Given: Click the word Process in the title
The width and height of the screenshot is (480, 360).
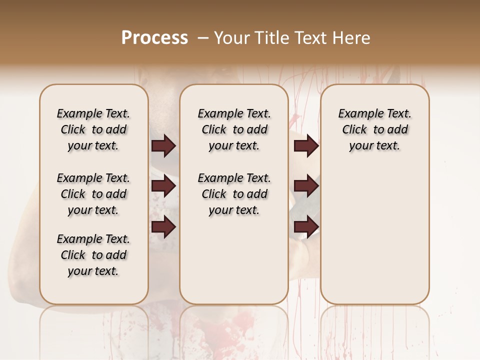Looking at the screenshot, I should coord(154,38).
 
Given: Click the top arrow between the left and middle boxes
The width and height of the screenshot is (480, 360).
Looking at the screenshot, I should coord(163,146).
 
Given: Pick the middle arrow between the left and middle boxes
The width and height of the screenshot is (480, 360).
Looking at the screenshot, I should coord(163,186).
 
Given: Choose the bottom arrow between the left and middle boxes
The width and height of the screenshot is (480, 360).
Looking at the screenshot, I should coord(163,227).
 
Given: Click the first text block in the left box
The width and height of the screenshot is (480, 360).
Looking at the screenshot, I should coord(93,129).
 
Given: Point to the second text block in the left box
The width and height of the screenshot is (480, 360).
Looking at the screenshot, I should coord(93,194).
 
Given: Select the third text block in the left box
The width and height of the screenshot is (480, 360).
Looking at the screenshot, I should coord(93,255).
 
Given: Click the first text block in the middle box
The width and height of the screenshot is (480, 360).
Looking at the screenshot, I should coord(234,129).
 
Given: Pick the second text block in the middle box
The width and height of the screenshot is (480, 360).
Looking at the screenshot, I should coord(234,194).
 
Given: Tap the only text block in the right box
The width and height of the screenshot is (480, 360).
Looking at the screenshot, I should coord(374,129).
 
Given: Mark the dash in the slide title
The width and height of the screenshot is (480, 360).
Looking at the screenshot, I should coord(202,38).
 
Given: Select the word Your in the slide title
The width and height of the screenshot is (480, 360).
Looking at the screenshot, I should coord(231,38).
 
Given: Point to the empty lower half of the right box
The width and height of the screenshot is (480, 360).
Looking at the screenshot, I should coord(374,240).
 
